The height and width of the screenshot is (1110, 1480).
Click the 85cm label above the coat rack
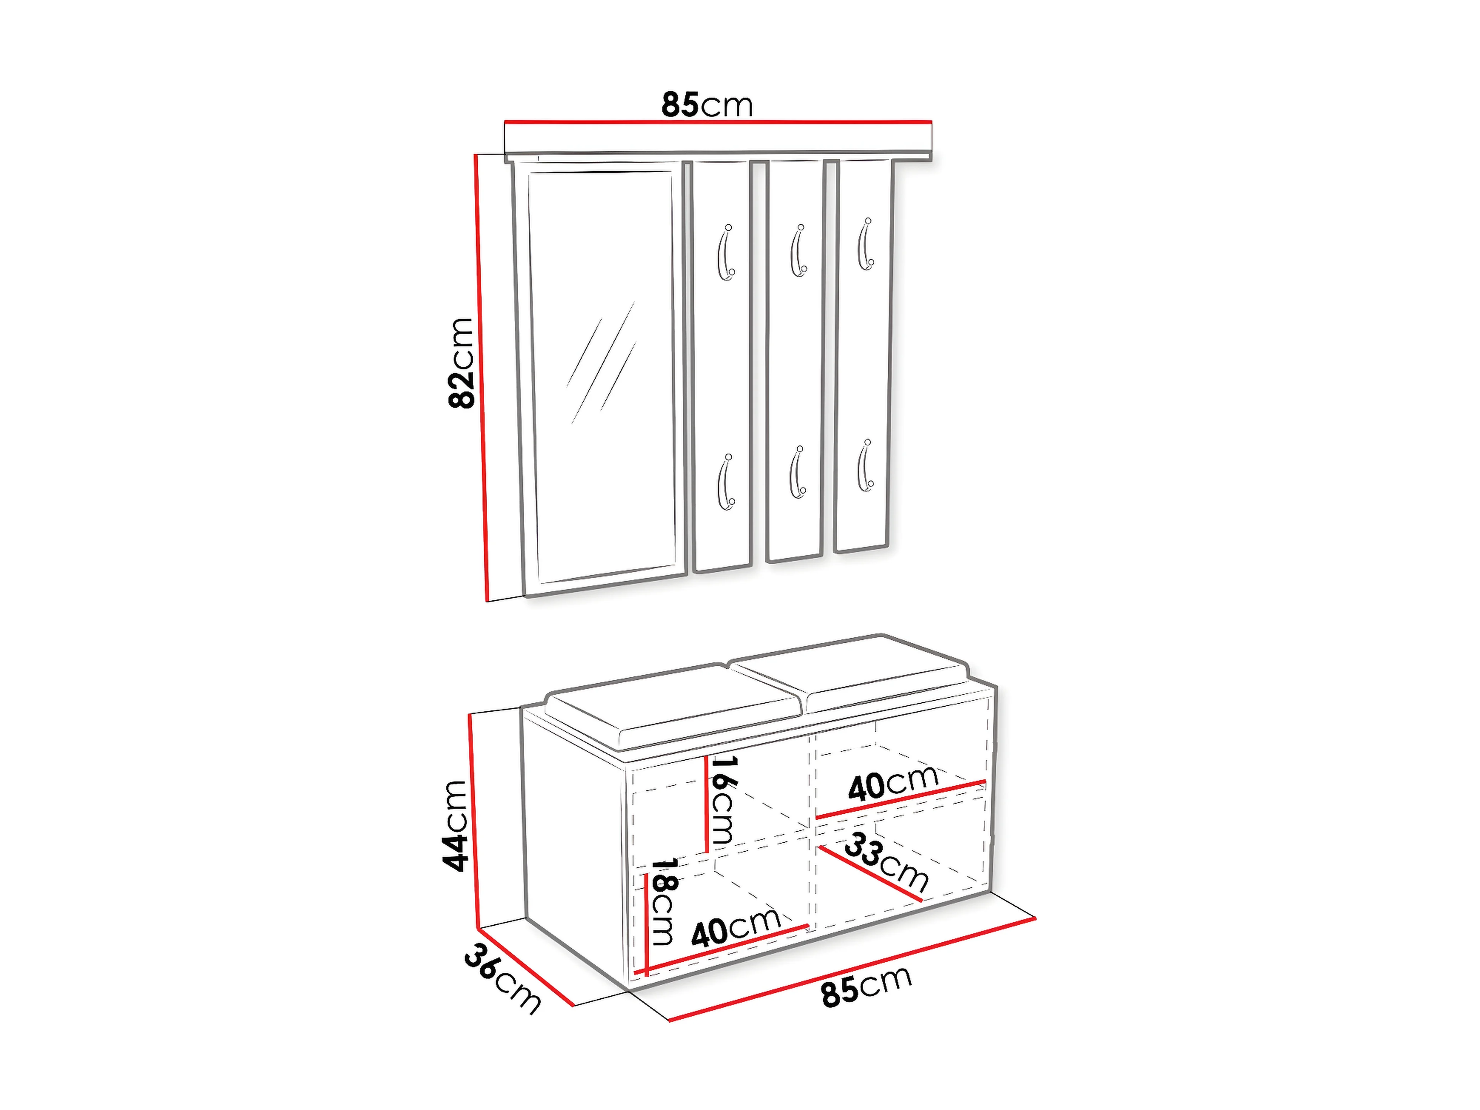(707, 105)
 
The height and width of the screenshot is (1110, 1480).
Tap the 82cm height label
(461, 363)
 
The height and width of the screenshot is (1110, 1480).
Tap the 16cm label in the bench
(722, 800)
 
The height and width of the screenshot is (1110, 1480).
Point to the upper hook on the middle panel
(798, 250)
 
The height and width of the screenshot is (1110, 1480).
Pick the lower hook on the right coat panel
(866, 466)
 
